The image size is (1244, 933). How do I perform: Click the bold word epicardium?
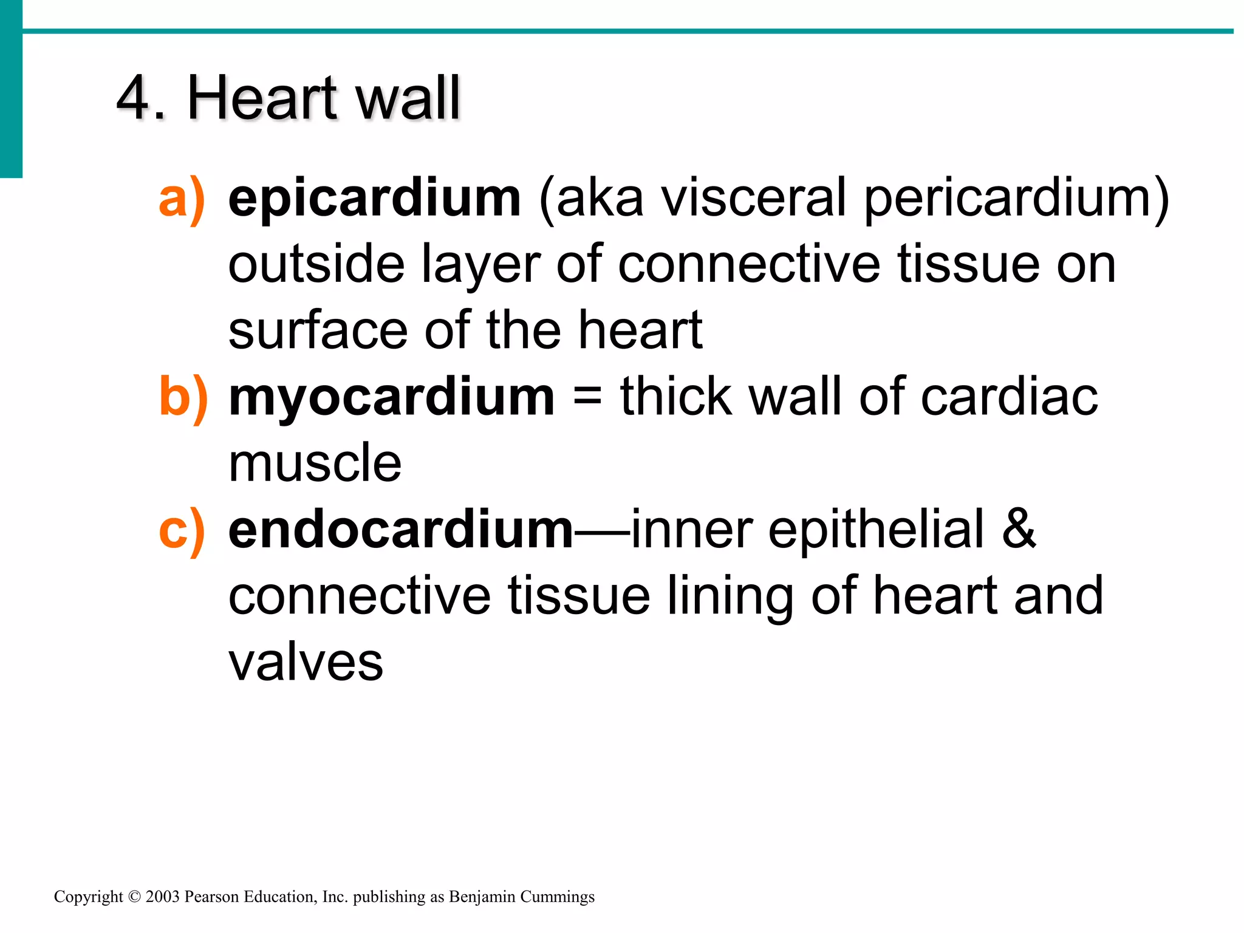coord(374,199)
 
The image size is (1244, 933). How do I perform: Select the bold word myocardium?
coord(391,398)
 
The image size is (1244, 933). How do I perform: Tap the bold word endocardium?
coord(400,530)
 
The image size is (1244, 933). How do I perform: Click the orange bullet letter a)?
coord(182,199)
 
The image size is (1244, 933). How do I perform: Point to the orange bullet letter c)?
coord(182,531)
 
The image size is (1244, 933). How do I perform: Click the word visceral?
coord(753,199)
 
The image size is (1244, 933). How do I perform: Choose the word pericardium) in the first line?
coord(1016,199)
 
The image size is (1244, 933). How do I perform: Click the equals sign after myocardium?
coord(587,398)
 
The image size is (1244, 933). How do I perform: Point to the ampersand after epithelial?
coord(1018,530)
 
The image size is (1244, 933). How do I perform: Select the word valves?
coord(306,662)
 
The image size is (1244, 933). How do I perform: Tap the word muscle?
coord(315,463)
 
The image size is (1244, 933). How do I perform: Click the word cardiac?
coord(1009,398)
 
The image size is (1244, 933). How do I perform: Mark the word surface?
coord(318,331)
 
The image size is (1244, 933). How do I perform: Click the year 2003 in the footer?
coord(162,897)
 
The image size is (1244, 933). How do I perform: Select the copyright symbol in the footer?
coord(134,897)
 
